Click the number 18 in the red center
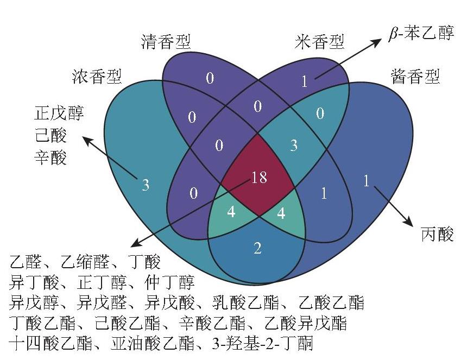(259, 178)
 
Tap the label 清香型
(166, 42)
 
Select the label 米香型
(320, 42)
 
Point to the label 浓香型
(97, 77)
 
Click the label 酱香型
(415, 77)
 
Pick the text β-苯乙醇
(421, 33)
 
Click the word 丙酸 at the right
(438, 233)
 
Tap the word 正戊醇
(59, 113)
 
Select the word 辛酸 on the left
(51, 157)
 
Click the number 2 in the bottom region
(257, 248)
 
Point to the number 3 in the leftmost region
(146, 185)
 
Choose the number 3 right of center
(294, 146)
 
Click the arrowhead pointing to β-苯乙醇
(377, 41)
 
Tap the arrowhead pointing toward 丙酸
(409, 222)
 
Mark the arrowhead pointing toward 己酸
(87, 140)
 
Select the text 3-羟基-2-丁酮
(263, 343)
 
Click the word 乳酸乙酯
(245, 302)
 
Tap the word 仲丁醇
(170, 282)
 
